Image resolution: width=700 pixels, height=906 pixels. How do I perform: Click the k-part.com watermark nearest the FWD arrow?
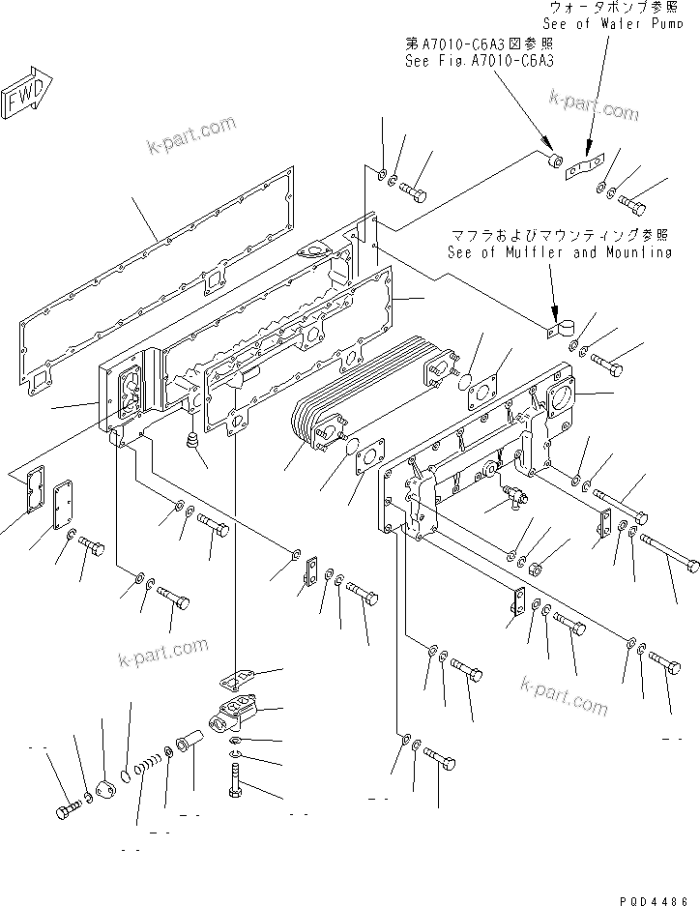point(190,134)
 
